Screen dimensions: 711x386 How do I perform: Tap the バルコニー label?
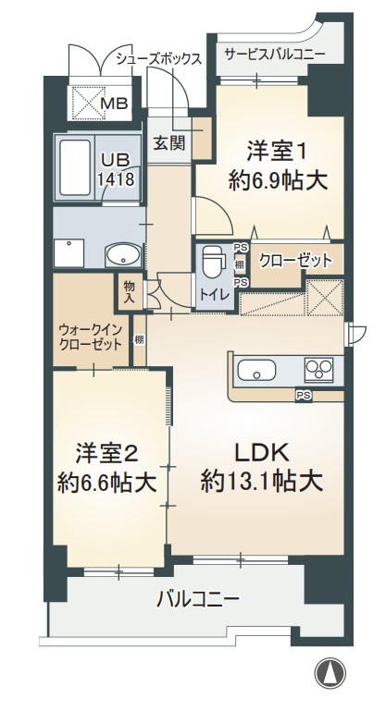pyautogui.click(x=197, y=598)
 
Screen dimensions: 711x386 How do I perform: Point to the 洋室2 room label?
pyautogui.click(x=107, y=453)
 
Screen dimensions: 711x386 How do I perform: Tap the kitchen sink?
pyautogui.click(x=257, y=372)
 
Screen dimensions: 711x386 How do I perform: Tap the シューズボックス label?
pyautogui.click(x=159, y=57)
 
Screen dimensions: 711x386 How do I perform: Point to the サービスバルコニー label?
pyautogui.click(x=275, y=55)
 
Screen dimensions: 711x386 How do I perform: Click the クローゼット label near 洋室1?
pyautogui.click(x=295, y=260)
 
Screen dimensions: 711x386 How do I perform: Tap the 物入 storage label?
pyautogui.click(x=129, y=292)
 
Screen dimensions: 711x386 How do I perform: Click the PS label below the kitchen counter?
pyautogui.click(x=303, y=395)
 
